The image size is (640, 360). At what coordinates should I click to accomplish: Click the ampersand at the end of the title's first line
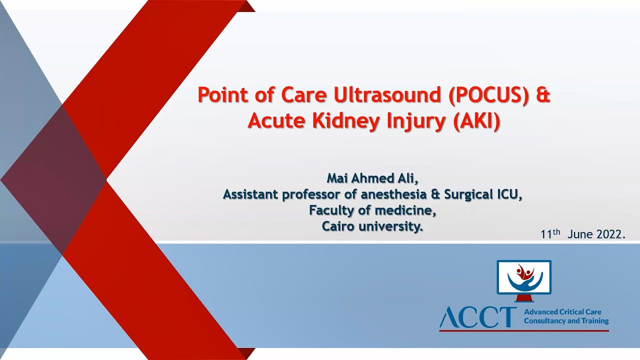(543, 94)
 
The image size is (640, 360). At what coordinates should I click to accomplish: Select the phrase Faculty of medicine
(372, 210)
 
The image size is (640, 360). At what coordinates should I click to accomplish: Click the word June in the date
(580, 234)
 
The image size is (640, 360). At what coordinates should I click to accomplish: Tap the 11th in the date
(550, 234)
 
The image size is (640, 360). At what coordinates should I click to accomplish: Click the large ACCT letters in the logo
(478, 317)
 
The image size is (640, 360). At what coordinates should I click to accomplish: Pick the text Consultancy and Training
(566, 321)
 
